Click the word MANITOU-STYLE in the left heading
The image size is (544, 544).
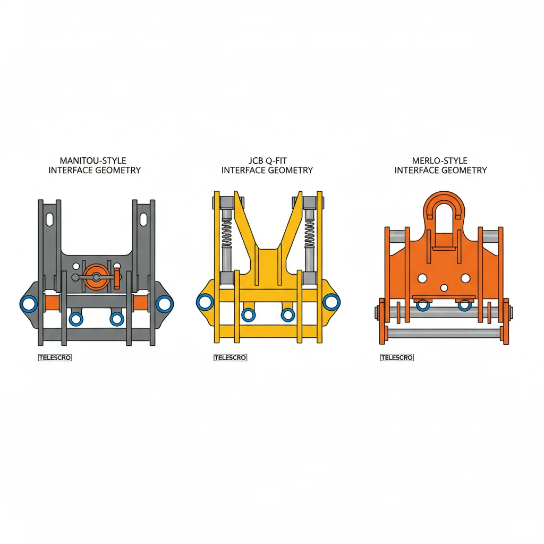click(x=94, y=160)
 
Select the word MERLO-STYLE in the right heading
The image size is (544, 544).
click(x=440, y=160)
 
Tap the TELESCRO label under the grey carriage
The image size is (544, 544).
click(x=55, y=358)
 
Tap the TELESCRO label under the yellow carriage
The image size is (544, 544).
click(x=230, y=358)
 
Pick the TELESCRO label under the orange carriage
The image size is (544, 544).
click(x=397, y=358)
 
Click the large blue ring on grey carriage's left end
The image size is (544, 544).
click(x=28, y=304)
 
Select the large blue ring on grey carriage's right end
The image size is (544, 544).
click(x=164, y=303)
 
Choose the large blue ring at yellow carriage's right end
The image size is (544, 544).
click(x=331, y=302)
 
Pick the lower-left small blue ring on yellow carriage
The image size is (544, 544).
click(x=248, y=314)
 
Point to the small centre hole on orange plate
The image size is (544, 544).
click(x=444, y=287)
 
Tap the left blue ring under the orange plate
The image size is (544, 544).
click(x=423, y=305)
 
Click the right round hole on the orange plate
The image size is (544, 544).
click(x=465, y=278)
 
